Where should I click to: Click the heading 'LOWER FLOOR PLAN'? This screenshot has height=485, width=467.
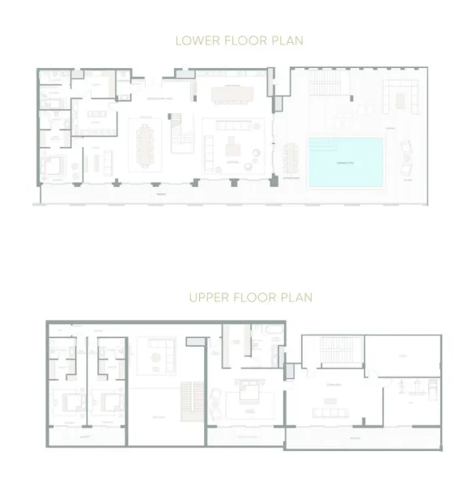[233, 38]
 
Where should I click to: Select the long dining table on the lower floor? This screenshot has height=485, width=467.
[146, 146]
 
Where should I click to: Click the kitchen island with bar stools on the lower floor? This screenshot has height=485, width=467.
[233, 95]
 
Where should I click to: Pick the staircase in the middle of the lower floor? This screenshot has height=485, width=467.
[177, 125]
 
